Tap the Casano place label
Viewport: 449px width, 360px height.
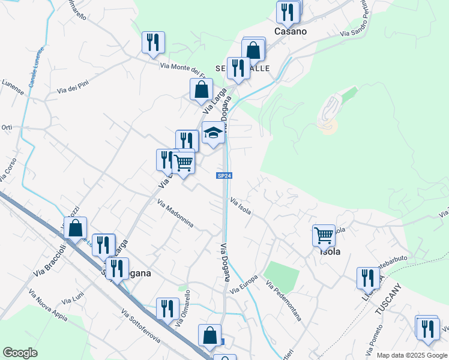pyautogui.click(x=291, y=31)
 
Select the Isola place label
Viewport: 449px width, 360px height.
pyautogui.click(x=330, y=252)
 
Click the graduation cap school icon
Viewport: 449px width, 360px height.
pyautogui.click(x=212, y=133)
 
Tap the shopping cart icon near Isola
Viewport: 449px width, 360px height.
pyautogui.click(x=324, y=235)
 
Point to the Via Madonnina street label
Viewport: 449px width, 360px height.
pyautogui.click(x=175, y=214)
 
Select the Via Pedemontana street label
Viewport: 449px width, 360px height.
pyautogui.click(x=283, y=301)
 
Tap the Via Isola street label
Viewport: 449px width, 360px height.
pyautogui.click(x=240, y=207)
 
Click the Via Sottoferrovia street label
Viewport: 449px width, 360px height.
pyautogui.click(x=140, y=326)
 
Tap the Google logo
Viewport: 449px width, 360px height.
pyautogui.click(x=20, y=353)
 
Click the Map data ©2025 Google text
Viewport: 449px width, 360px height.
pyautogui.click(x=412, y=355)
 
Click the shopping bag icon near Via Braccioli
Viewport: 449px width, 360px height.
pyautogui.click(x=76, y=228)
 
